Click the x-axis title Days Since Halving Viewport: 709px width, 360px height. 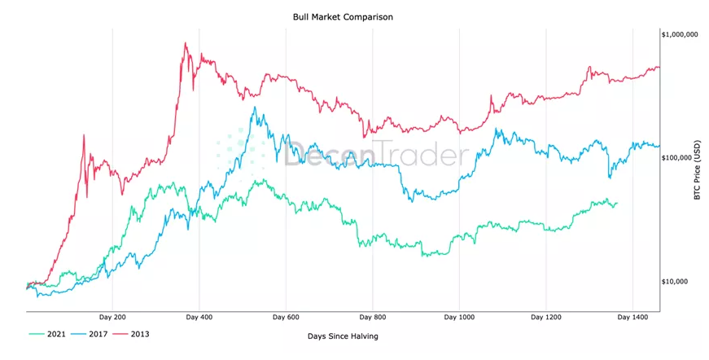pyautogui.click(x=343, y=336)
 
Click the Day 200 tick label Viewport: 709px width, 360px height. pyautogui.click(x=112, y=317)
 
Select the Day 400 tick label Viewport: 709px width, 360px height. pyautogui.click(x=199, y=317)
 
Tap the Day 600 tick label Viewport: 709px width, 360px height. pyautogui.click(x=287, y=317)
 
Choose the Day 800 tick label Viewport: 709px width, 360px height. pyautogui.click(x=373, y=317)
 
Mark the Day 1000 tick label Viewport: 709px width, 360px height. pyautogui.click(x=460, y=317)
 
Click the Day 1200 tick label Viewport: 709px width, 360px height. pyautogui.click(x=547, y=317)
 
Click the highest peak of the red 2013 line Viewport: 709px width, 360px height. pyautogui.click(x=186, y=43)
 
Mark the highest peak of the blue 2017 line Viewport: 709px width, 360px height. pyautogui.click(x=255, y=108)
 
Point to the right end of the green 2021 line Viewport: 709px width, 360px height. pyautogui.click(x=617, y=203)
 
